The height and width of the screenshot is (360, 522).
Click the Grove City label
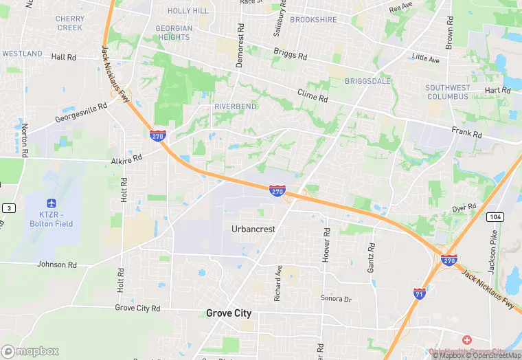[x=229, y=313]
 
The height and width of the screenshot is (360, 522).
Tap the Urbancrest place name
[x=253, y=229]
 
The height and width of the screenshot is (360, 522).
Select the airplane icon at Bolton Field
[x=51, y=203]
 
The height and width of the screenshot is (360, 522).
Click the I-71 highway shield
[x=419, y=293]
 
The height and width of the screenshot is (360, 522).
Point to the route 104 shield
[x=494, y=216]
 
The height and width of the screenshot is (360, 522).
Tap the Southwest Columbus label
[x=447, y=92]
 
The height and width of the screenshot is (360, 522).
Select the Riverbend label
[x=235, y=107]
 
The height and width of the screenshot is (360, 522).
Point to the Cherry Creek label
[x=70, y=23]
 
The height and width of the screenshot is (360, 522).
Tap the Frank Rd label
[x=466, y=131]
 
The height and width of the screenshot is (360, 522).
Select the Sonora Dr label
[x=336, y=299]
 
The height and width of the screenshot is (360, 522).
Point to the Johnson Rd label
[x=57, y=265]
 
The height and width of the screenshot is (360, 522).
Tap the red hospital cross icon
[x=467, y=341]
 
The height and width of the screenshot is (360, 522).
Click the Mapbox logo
[x=31, y=351]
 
